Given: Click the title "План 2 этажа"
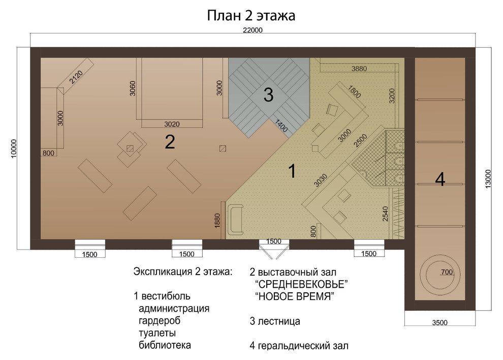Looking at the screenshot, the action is pos(251,15).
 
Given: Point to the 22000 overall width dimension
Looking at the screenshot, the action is pos(253,30).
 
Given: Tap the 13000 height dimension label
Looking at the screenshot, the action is pos(488,179).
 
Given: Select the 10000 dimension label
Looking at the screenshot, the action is pos(14,148).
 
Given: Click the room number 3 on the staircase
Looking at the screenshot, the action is pos(268,95).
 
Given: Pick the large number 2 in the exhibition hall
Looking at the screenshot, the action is pos(170,142).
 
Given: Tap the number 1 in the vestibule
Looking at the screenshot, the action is pos(292,170).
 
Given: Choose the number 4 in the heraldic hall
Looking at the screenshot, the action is pos(440,179).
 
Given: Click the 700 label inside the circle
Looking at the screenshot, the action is pos(447,272).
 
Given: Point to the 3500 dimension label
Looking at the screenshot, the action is pos(439,322).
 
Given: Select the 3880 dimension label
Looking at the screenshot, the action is pos(359,69).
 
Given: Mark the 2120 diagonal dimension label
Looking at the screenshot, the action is pos(76,77).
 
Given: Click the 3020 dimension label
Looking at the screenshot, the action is pos(172,124).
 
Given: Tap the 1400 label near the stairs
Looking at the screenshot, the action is pos(281,125).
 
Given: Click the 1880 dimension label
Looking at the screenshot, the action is pos(217,221).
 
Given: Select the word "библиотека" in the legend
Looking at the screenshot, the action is pos(165,345).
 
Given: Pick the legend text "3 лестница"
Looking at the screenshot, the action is pos(275,321).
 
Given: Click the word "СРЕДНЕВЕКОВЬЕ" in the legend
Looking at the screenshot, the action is pos(301,284).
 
